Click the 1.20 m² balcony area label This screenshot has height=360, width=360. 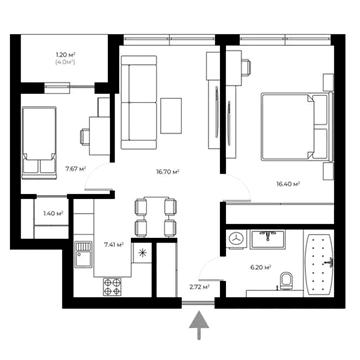point(66,56)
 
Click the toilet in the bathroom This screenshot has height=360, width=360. point(286,281)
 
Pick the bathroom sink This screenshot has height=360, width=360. point(268,238)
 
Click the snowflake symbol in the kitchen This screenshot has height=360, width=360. point(145,252)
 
